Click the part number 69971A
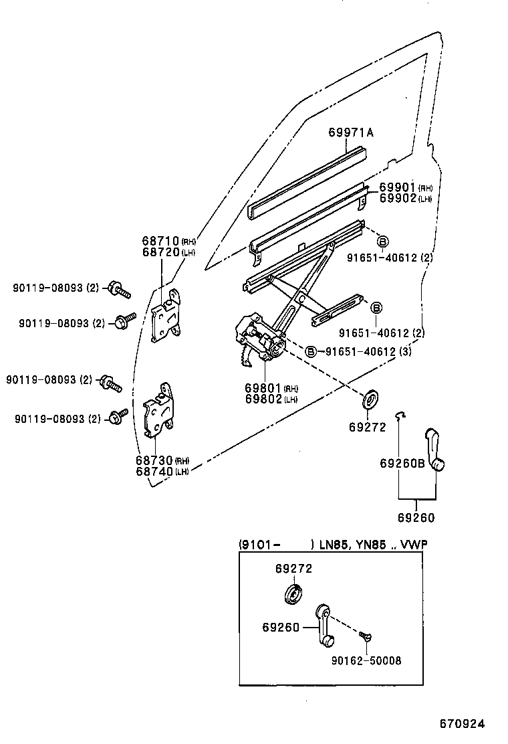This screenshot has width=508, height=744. (350, 132)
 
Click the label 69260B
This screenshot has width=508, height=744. (402, 463)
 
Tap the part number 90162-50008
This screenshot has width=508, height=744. (366, 660)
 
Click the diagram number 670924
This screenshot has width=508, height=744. (461, 724)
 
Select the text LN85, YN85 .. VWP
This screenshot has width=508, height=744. (372, 545)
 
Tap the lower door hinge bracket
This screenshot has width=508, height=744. (159, 409)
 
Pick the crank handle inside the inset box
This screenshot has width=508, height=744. (324, 625)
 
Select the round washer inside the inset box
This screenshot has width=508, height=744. (292, 594)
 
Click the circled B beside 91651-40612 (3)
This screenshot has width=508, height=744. (311, 352)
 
